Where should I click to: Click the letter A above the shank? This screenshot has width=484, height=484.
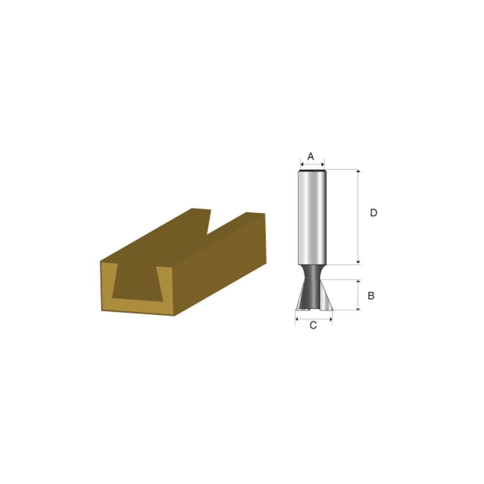311,156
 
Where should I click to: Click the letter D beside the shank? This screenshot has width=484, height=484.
373,212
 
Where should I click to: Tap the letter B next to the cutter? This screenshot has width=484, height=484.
371,295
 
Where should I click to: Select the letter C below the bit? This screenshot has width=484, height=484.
313,325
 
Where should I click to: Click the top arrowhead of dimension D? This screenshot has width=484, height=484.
358,171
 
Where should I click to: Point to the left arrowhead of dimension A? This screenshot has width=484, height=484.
301,165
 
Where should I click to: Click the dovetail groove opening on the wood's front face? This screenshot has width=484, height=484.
137,286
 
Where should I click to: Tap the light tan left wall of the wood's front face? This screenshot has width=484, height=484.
107,286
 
